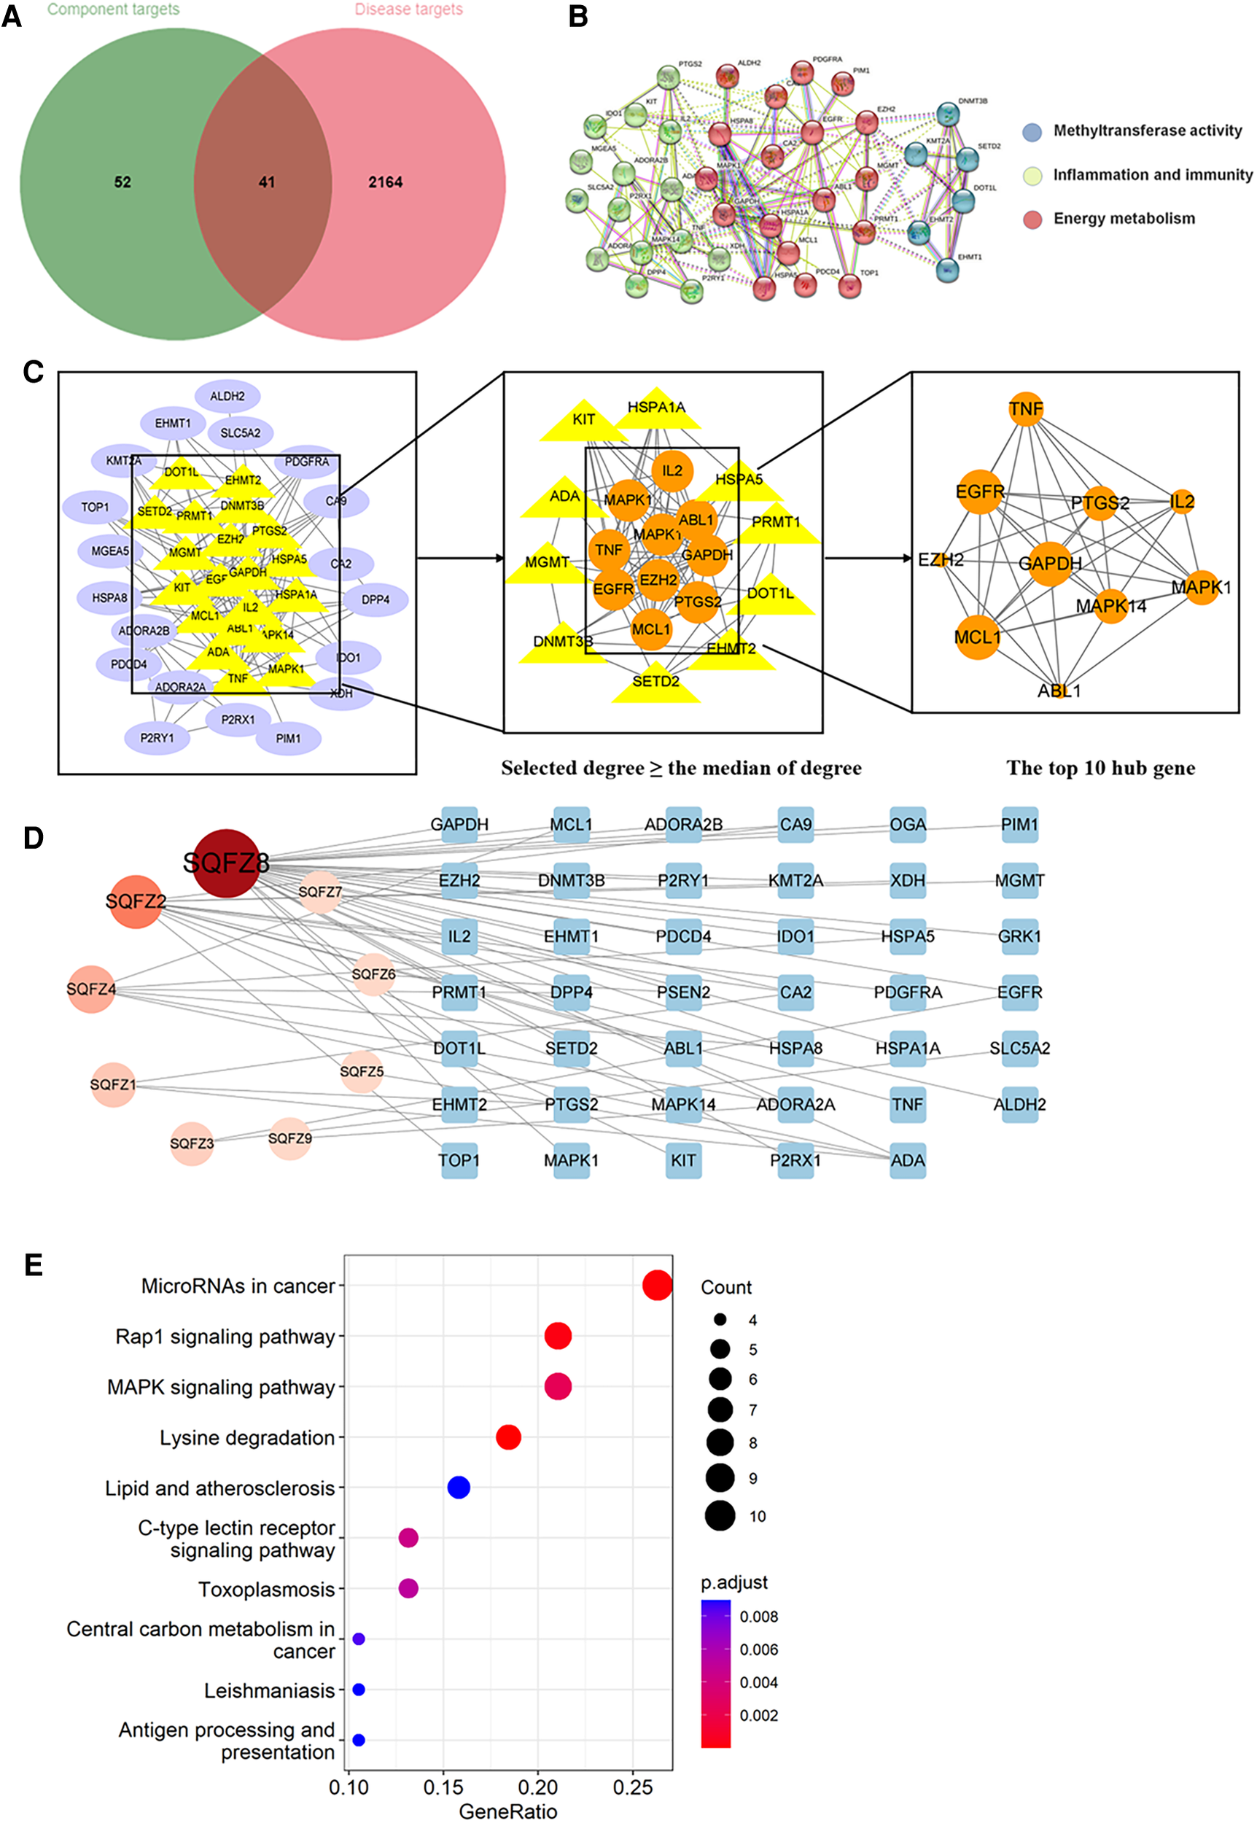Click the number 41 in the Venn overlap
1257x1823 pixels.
tap(267, 182)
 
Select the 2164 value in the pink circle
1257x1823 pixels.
tap(385, 182)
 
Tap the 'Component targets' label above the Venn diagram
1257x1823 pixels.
tap(114, 9)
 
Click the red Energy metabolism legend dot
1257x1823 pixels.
tap(1032, 219)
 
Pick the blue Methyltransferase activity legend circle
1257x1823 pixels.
tap(1032, 131)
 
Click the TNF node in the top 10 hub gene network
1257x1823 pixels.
tap(1025, 408)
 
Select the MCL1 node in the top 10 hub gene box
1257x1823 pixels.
tap(978, 637)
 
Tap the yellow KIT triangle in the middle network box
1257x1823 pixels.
tap(583, 420)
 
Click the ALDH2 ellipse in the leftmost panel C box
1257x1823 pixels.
tap(227, 396)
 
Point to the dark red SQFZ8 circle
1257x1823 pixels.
tap(226, 863)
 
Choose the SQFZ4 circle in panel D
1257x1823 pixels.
tap(91, 988)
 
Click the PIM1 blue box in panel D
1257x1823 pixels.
tap(1019, 825)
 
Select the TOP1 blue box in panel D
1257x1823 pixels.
tap(459, 1160)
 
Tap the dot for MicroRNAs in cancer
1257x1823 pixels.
tap(657, 1285)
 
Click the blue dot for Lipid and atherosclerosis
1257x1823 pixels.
tap(459, 1488)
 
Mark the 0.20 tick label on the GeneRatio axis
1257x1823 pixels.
tap(538, 1787)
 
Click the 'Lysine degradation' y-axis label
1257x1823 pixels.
tap(247, 1438)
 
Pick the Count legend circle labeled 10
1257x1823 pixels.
tap(720, 1516)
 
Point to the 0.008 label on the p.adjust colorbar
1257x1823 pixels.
tap(758, 1617)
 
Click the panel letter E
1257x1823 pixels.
tap(33, 1264)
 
